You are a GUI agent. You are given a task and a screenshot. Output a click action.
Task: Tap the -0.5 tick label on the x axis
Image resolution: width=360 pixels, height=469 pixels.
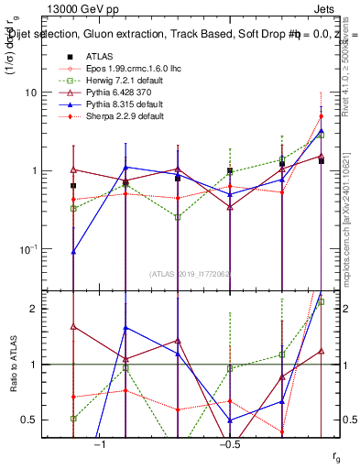[x=228, y=443]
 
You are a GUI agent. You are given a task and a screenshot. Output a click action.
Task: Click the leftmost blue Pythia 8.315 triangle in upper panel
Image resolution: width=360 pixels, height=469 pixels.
[x=73, y=250]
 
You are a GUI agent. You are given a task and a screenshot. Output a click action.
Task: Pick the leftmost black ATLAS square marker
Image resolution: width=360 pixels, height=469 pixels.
[x=73, y=186]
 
